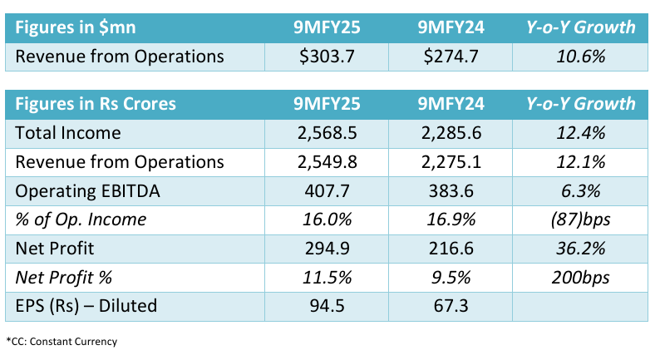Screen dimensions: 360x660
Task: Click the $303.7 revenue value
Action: [332, 57]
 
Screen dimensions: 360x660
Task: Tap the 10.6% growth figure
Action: [580, 57]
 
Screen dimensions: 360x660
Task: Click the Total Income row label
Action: [69, 132]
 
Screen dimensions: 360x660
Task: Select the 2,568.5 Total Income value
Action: [332, 132]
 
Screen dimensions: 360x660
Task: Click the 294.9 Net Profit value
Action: [332, 248]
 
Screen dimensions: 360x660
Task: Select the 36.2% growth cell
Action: [580, 248]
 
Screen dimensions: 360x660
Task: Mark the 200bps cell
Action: [580, 277]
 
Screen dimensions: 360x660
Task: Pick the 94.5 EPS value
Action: [332, 305]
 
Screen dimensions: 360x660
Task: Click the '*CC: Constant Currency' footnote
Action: [62, 342]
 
